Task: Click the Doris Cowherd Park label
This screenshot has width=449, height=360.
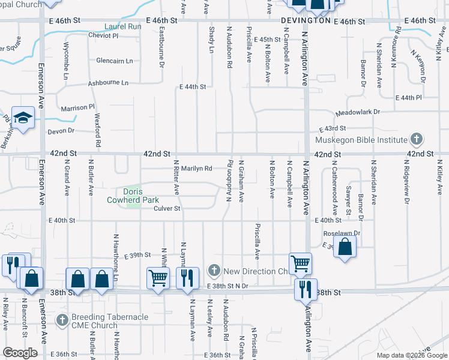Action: tap(133, 195)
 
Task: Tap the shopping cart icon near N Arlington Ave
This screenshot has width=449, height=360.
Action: tap(300, 262)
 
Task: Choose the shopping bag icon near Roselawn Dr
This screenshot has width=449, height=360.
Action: tap(345, 247)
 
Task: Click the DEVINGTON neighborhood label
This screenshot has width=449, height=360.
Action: tap(306, 20)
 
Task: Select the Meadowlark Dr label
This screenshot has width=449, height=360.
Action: tap(358, 112)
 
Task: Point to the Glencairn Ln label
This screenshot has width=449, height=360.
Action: tap(114, 61)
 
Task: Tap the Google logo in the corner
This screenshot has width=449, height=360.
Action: tap(20, 353)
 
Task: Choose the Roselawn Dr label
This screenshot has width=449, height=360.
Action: tap(341, 233)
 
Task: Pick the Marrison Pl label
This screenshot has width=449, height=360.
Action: tap(78, 108)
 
